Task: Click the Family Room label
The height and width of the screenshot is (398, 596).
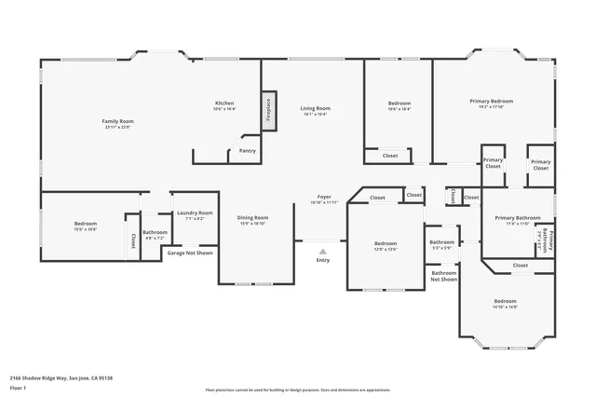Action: coord(118,121)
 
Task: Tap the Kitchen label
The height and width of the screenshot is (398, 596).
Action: coord(224,103)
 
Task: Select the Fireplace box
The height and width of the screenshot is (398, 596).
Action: coord(268,110)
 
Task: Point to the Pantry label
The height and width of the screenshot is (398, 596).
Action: coord(248,150)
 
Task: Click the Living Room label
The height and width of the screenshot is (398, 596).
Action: coord(315,108)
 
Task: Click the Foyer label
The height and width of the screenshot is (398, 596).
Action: coord(324,197)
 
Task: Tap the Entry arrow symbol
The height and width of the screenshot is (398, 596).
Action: coord(323,251)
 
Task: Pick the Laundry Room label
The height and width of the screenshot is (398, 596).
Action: coord(195,213)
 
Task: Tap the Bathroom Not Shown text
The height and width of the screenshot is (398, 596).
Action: coord(443,275)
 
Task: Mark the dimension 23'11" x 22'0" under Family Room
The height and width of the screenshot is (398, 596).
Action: coord(118,127)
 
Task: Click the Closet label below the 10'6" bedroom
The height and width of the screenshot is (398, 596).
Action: coord(390,156)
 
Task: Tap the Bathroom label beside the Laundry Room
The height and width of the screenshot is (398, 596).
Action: coord(155,232)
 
